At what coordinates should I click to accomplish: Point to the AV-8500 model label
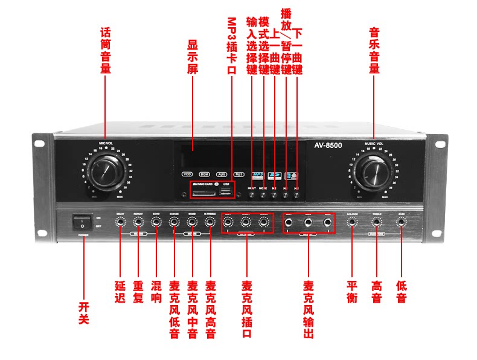pos(328,146)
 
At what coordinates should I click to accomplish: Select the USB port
pos(226,191)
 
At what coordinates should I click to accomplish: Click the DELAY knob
pos(120,223)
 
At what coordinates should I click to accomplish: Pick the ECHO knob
pos(156,223)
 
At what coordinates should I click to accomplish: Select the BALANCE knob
pos(353,223)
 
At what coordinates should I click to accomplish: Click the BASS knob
pos(401,223)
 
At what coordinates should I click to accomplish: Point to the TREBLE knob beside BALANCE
pos(377,223)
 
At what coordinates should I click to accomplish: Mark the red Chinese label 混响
pos(156,291)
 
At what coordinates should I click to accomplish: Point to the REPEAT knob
pos(138,223)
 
